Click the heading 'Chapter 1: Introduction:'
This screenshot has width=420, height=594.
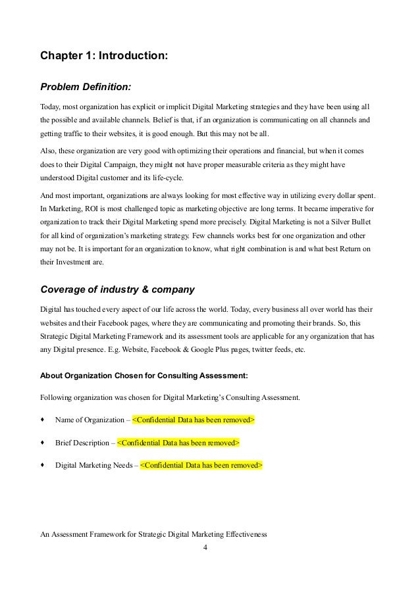point(104,57)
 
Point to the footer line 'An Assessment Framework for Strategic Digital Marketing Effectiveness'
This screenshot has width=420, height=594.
point(153,534)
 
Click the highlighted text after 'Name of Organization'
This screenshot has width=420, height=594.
point(194,420)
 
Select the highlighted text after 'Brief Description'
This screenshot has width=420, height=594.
point(178,443)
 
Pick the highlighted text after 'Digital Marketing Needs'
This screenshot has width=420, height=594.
point(201,465)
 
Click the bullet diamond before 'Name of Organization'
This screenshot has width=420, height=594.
point(43,420)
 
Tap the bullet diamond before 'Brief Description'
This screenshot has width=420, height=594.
point(43,443)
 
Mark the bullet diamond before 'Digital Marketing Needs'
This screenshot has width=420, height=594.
point(43,465)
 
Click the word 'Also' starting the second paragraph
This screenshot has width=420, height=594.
point(49,151)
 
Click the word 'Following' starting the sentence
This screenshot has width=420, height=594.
point(56,397)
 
